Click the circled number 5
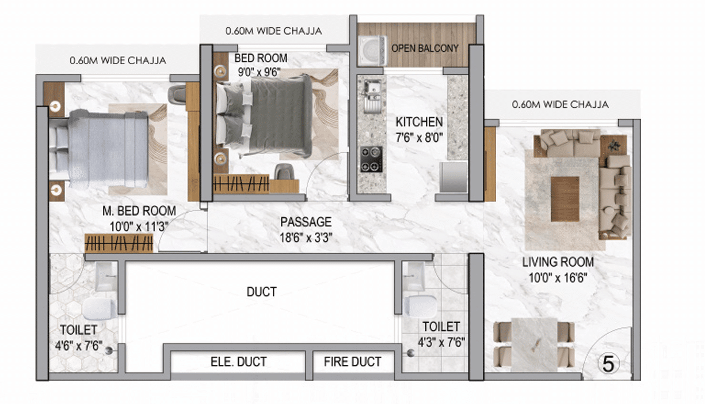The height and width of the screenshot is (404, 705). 608,364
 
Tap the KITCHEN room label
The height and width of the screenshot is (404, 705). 419,122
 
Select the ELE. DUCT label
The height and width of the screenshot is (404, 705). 239,361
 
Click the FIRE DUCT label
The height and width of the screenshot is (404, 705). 352,361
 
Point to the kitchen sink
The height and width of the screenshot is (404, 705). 372,96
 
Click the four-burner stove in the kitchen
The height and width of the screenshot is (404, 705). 371,159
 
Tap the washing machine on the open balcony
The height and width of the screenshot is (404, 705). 372,51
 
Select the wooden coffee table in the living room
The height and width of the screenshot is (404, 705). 565,199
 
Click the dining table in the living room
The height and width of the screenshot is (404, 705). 534,345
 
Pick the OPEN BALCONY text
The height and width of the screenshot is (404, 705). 425,48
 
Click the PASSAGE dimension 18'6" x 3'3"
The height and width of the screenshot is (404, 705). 306,237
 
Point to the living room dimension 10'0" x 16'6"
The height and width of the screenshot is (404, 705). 558,278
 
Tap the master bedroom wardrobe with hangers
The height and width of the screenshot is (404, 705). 119,243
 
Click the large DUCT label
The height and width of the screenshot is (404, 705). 261,292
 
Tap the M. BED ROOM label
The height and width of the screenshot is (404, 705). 139,211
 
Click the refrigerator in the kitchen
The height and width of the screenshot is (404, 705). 454,177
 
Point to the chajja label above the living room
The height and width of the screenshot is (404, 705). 560,105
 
